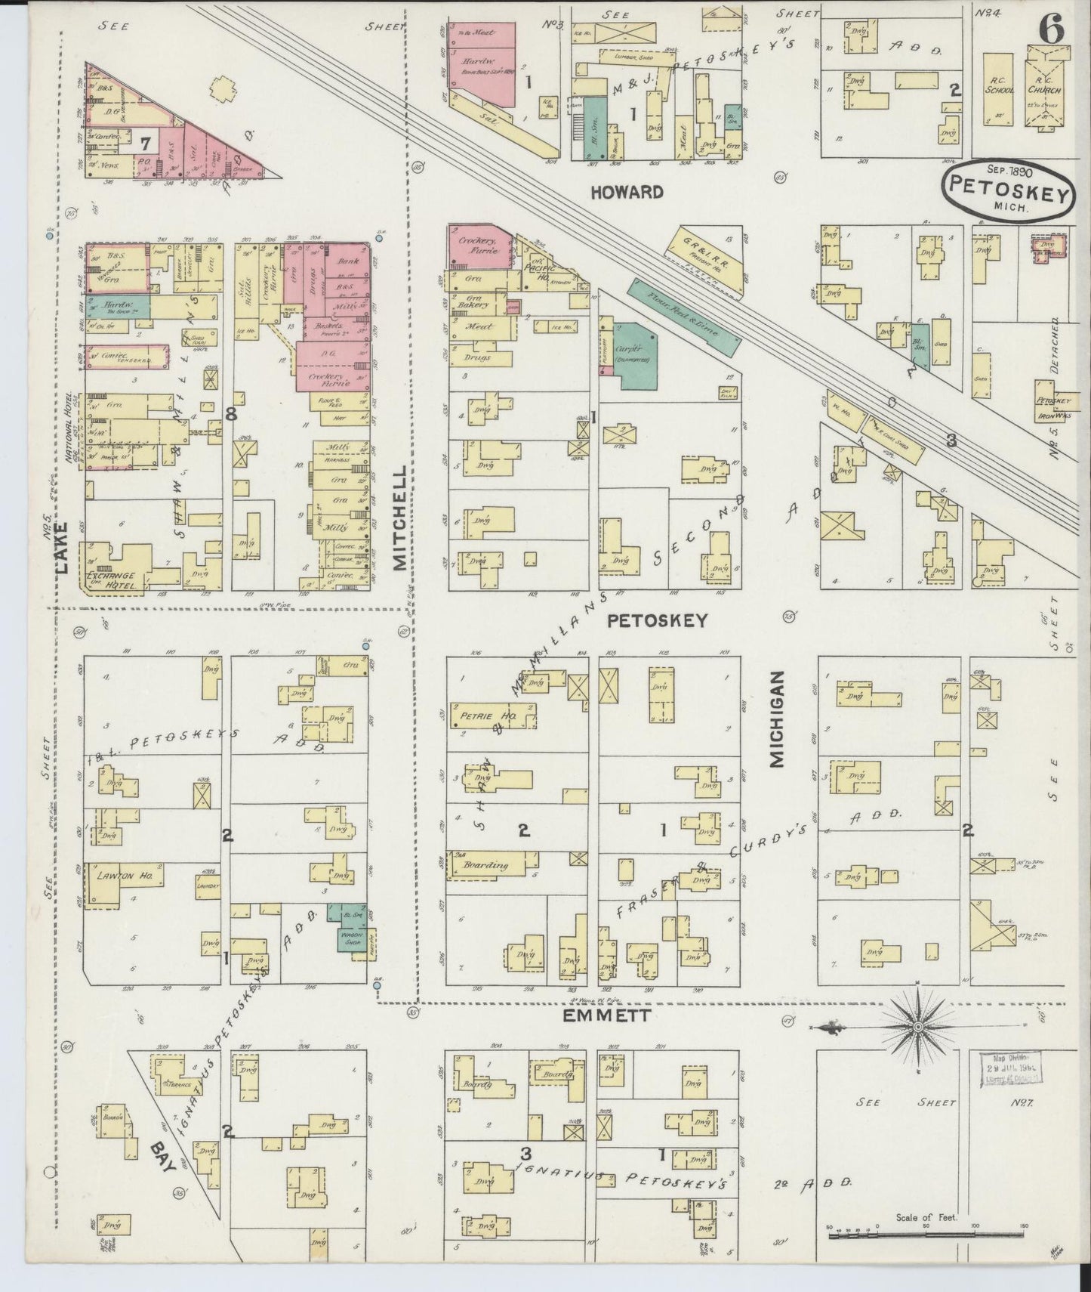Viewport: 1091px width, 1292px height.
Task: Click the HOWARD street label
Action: (627, 192)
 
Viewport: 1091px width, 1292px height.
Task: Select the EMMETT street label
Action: (606, 1016)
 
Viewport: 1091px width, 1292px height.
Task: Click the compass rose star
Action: (917, 1028)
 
